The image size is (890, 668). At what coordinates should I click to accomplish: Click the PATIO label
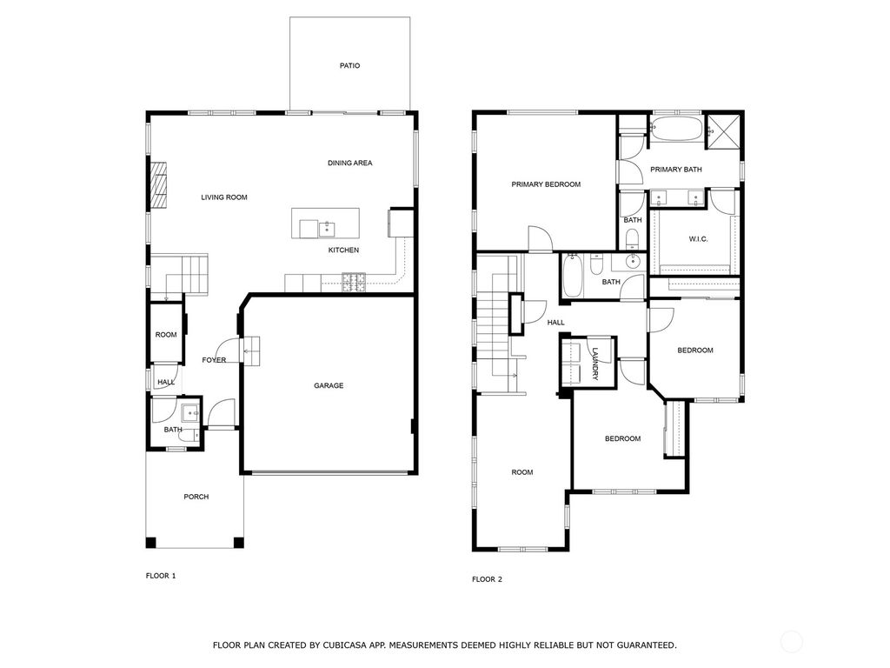point(349,66)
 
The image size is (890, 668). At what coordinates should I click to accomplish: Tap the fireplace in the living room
point(158,185)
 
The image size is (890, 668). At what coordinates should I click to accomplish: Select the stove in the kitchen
point(354,283)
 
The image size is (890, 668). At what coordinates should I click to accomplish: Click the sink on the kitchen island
point(327,229)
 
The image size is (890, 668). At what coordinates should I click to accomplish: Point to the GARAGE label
point(329,385)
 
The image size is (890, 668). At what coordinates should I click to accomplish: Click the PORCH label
point(196,497)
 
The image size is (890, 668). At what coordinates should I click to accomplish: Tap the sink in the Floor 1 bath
point(189,411)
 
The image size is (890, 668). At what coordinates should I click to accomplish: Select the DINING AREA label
point(350,163)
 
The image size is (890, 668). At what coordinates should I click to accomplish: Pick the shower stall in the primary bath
point(723,132)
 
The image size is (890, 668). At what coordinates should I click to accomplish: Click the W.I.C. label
point(698,239)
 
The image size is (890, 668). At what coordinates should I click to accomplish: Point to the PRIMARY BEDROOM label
point(546,184)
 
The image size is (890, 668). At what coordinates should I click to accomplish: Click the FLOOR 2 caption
point(487,579)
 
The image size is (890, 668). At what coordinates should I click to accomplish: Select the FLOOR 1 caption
point(161,576)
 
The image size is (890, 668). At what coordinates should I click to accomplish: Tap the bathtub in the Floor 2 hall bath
point(572,276)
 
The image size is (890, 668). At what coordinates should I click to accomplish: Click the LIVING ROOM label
point(224,197)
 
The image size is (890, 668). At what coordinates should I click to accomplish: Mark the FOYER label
point(214,360)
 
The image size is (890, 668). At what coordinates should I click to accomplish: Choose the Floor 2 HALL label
point(555,323)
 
